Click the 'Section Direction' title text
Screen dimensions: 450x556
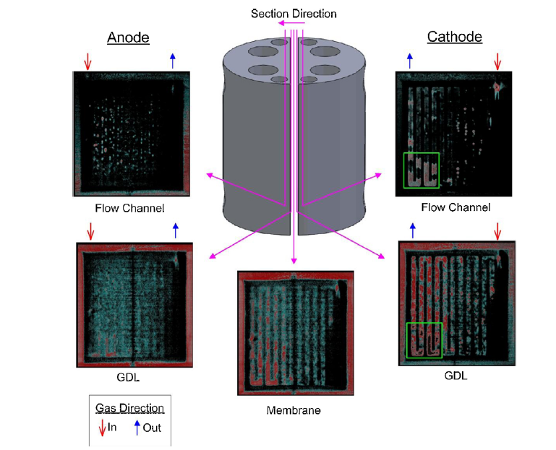tap(294, 13)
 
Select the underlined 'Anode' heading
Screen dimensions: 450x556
tap(128, 38)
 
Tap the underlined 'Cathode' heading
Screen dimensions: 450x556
tap(455, 37)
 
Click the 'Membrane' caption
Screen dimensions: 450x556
tap(293, 410)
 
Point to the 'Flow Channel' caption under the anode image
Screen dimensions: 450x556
tap(129, 208)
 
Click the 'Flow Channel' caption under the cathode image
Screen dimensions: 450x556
tap(456, 207)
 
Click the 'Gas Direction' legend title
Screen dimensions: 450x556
tap(130, 408)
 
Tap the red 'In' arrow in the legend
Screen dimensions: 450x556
tap(102, 427)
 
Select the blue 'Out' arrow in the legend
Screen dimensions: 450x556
tap(137, 427)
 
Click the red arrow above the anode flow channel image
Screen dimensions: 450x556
tap(87, 61)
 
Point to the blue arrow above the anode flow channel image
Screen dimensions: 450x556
tap(172, 61)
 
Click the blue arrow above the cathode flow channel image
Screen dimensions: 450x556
tap(410, 61)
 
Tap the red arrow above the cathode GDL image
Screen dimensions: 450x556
tap(497, 231)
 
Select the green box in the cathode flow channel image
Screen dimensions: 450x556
tap(420, 170)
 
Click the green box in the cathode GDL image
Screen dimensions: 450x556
tap(424, 340)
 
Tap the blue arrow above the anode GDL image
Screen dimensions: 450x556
tap(174, 231)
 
